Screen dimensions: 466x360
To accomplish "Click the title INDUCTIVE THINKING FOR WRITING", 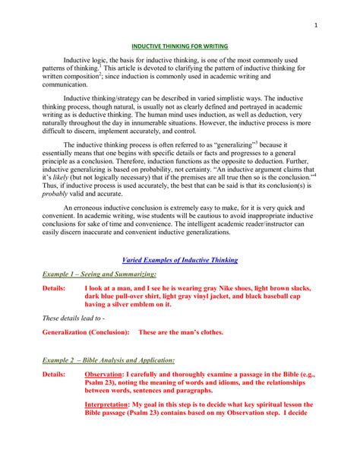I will (x=180, y=45).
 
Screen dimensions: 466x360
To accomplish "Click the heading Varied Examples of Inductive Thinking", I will (x=180, y=260).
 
